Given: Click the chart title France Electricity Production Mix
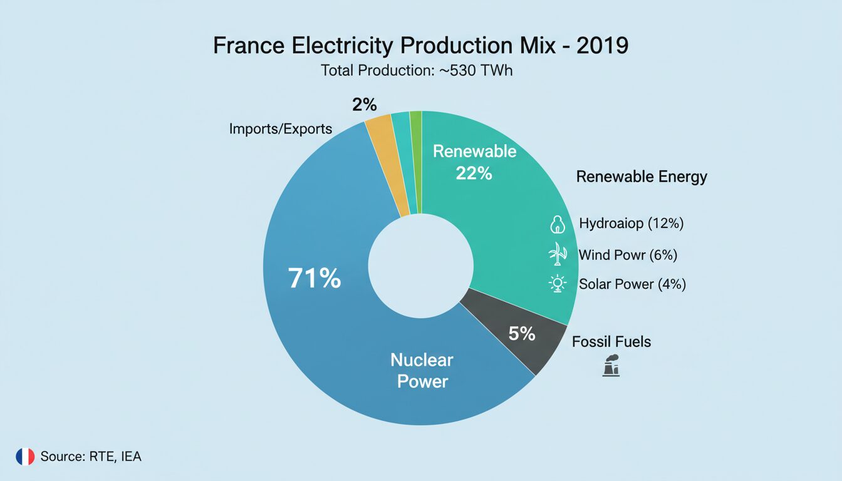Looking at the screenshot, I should (x=420, y=46).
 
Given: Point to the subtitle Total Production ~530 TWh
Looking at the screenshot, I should (x=417, y=71).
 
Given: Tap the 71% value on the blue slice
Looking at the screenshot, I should (x=314, y=278).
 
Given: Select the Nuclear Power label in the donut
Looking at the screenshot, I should (x=422, y=370).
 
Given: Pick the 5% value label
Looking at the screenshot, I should (x=521, y=334).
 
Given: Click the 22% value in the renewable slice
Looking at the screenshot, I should (x=474, y=173).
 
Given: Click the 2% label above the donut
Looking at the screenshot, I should (x=365, y=105).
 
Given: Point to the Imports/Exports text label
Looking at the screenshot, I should (x=281, y=129).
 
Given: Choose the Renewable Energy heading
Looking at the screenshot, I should (x=642, y=177).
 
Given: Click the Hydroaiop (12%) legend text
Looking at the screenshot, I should (x=631, y=223).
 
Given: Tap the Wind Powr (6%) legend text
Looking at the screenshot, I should (x=628, y=255).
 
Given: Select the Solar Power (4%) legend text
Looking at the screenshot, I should (x=632, y=284).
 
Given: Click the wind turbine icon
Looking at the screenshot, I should (x=557, y=254).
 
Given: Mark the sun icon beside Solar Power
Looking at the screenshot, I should (x=557, y=284).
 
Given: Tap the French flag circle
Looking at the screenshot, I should (x=25, y=457).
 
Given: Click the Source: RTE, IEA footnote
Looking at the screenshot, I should (x=91, y=457).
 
